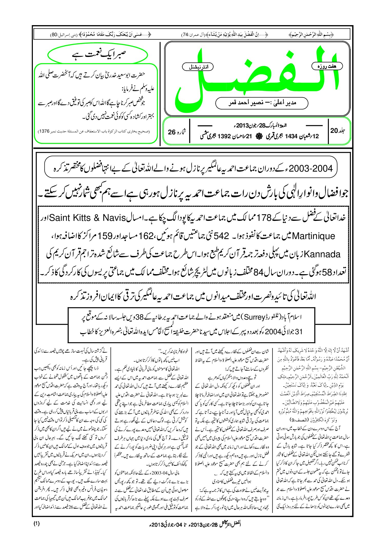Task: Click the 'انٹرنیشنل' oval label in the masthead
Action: click(198, 67)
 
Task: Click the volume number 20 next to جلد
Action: click(334, 131)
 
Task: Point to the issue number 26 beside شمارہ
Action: click(172, 132)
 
